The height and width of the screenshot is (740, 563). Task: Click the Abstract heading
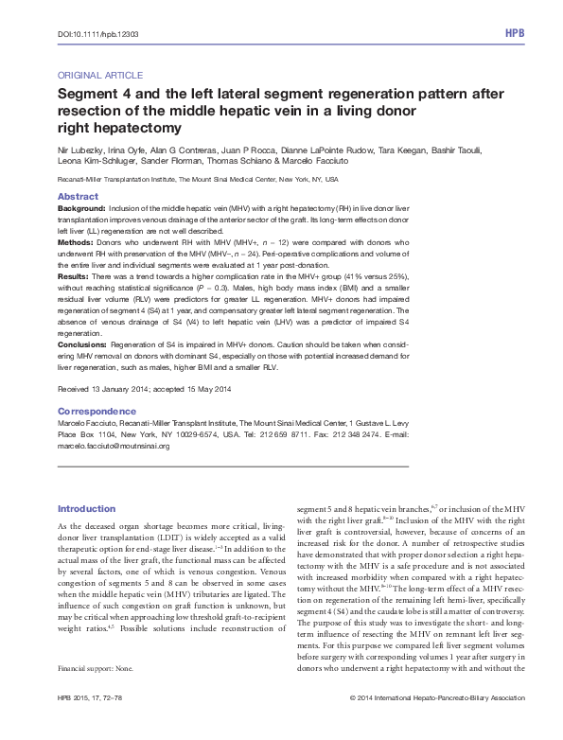[79, 197]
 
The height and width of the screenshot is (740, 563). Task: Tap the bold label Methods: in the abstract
[78, 242]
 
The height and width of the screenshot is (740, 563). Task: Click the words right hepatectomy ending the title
[118, 126]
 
